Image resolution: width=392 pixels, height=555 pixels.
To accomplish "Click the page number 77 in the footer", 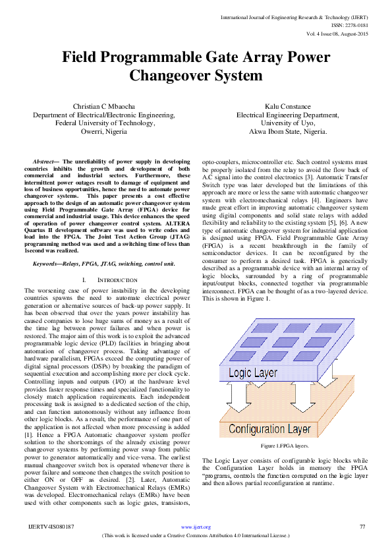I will pyautogui.click(x=362, y=527).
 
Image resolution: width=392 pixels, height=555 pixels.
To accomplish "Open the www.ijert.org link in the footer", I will pyautogui.click(x=195, y=527).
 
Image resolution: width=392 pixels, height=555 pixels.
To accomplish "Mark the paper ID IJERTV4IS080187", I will pyautogui.click(x=51, y=527).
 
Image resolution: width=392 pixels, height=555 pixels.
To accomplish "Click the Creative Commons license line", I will pyautogui.click(x=195, y=536).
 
